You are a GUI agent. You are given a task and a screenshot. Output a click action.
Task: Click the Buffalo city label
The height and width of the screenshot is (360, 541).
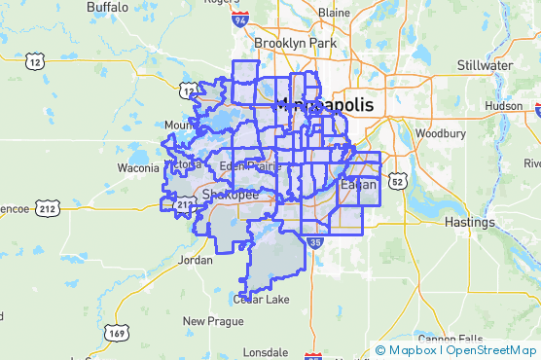click(x=106, y=7)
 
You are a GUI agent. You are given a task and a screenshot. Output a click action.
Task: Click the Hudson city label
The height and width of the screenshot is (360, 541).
click(x=503, y=105)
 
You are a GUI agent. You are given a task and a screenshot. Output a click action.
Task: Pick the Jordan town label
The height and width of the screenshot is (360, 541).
click(x=196, y=261)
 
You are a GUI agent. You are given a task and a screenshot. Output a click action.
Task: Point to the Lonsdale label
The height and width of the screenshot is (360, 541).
click(x=267, y=350)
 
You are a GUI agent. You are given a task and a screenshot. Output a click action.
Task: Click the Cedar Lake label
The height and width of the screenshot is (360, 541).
click(x=261, y=299)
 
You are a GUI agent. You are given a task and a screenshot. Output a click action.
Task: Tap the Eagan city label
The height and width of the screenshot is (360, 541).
click(x=357, y=184)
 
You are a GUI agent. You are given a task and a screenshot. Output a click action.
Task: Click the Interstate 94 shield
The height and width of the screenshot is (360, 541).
click(x=240, y=18)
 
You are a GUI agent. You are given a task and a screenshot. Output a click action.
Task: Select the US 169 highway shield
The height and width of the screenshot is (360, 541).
click(x=117, y=332)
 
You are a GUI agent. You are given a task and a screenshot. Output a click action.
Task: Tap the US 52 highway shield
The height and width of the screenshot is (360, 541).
click(x=396, y=181)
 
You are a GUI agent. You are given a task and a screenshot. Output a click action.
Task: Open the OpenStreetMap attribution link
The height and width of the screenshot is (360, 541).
click(x=491, y=350)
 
